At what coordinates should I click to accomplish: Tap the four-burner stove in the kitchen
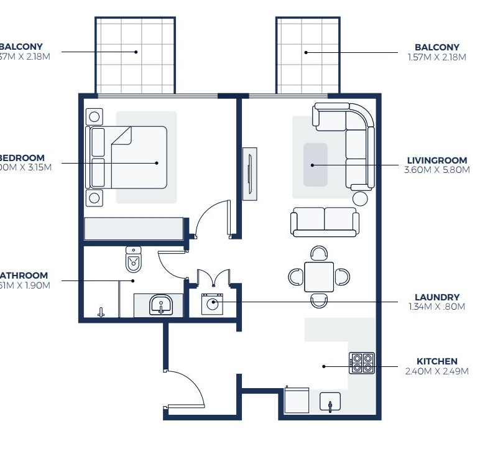coord(362,363)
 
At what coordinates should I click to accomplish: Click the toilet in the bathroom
coord(134,260)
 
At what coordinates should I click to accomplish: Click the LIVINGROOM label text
coord(437,160)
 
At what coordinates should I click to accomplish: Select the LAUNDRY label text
coord(437,297)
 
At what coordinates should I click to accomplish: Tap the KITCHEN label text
coord(437,361)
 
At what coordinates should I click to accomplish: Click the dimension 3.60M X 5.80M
coord(437,169)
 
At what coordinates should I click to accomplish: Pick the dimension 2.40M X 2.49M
coord(437,371)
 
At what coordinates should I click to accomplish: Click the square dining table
coord(318,277)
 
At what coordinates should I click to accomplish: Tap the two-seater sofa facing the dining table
coord(324,221)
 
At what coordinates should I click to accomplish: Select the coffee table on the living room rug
coord(315,165)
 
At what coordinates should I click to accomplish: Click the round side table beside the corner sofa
coord(360,198)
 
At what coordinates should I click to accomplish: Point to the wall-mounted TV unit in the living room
coord(249,174)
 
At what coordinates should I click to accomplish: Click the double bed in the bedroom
coord(138,157)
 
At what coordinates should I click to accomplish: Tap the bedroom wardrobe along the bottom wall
coord(134,228)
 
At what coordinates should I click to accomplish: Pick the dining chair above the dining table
coord(319,253)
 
